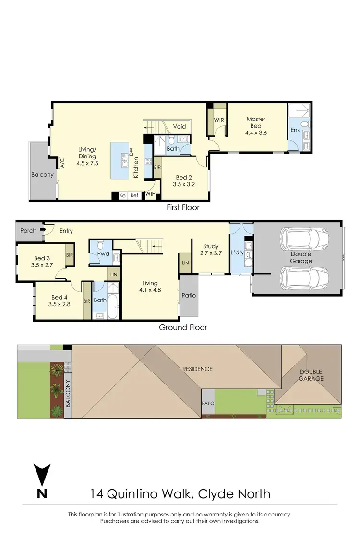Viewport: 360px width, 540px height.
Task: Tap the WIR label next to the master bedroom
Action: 219,119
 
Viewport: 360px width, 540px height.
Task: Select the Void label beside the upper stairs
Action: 180,127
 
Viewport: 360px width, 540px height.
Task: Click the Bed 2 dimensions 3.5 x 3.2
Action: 185,183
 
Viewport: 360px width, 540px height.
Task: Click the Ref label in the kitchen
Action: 134,196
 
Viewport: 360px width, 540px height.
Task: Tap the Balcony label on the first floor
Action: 42,175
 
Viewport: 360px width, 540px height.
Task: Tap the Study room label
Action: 211,247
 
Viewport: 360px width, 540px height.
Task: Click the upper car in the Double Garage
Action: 304,238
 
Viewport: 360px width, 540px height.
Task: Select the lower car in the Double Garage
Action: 304,278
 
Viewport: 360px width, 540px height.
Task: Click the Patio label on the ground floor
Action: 189,295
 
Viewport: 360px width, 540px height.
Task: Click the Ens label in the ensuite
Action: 295,130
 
